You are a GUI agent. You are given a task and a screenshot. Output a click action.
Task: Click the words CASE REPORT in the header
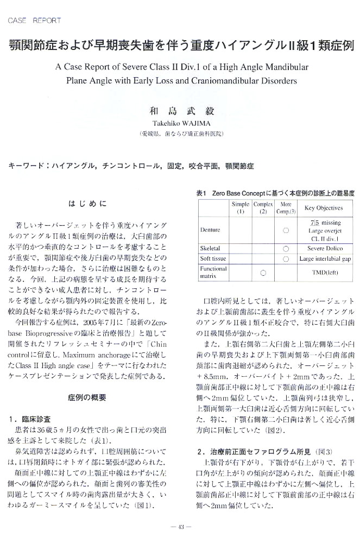coord(35,21)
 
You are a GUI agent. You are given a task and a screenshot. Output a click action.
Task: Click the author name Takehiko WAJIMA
coord(181,124)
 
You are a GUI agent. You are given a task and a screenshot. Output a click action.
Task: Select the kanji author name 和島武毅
coord(181,111)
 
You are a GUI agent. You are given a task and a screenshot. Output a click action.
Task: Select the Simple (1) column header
coord(241,207)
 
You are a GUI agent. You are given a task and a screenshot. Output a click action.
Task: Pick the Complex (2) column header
coord(263,207)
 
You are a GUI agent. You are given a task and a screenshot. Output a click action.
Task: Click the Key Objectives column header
coord(323,207)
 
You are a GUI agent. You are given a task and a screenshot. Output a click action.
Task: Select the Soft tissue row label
coord(212,258)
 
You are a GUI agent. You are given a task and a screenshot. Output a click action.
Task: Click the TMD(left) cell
coord(323,273)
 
